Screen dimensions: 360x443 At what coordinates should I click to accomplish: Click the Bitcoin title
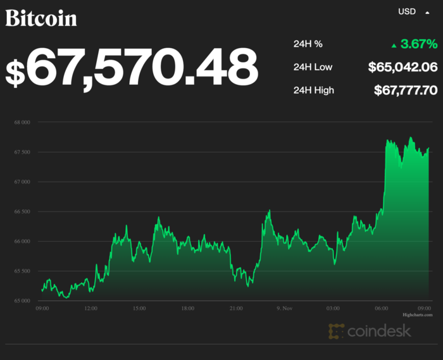(x=41, y=18)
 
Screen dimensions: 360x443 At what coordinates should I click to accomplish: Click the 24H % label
(x=308, y=44)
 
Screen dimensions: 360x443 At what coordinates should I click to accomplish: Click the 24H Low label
(x=313, y=67)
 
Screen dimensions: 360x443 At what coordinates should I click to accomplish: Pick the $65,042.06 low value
(x=402, y=67)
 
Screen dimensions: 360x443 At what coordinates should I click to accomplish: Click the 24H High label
(x=314, y=90)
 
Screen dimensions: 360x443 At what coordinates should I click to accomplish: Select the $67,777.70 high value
(x=405, y=90)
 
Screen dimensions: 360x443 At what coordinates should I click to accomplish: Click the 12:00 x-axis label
(x=90, y=308)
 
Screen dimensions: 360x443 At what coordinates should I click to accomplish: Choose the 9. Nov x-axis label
(x=284, y=308)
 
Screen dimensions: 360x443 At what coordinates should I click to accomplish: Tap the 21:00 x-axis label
(x=235, y=308)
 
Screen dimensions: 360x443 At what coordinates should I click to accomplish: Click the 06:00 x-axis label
(x=381, y=308)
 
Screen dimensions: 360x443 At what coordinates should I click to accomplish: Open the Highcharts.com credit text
(x=417, y=314)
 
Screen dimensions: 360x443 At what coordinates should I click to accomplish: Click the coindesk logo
(x=370, y=330)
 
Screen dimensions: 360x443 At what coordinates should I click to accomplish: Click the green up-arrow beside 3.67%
(x=394, y=45)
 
